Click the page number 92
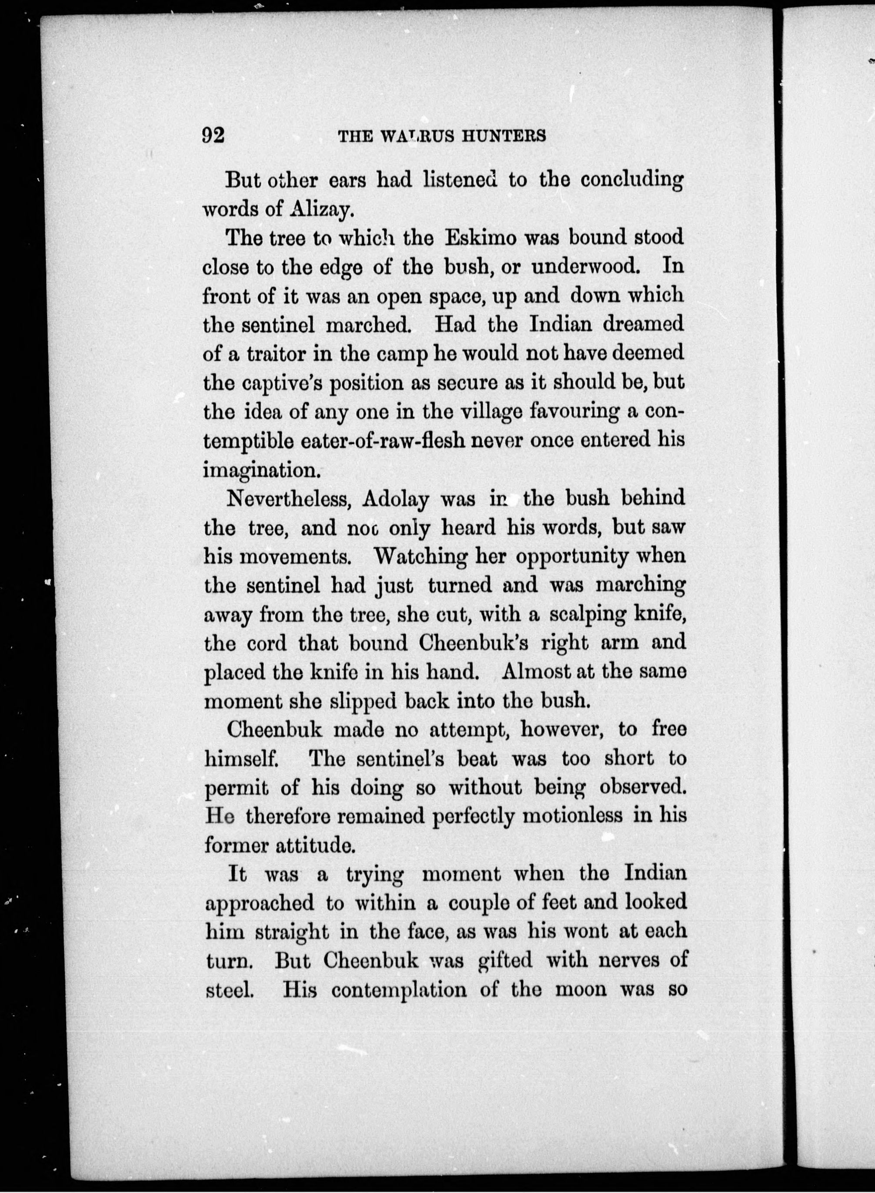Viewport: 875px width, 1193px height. (x=214, y=136)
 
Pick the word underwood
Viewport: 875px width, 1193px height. (x=586, y=266)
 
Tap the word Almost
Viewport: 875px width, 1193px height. (x=535, y=671)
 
